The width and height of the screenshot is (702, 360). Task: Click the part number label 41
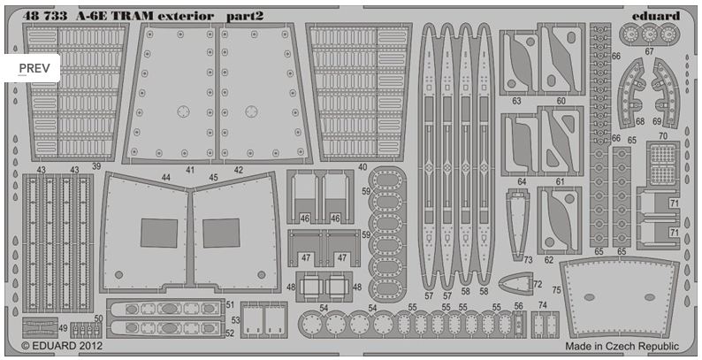[189, 168]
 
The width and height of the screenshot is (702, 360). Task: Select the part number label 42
[237, 168]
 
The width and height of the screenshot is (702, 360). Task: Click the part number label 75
[556, 289]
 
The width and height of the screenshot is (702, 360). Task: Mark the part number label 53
[234, 321]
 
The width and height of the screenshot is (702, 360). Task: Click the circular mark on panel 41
[183, 111]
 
